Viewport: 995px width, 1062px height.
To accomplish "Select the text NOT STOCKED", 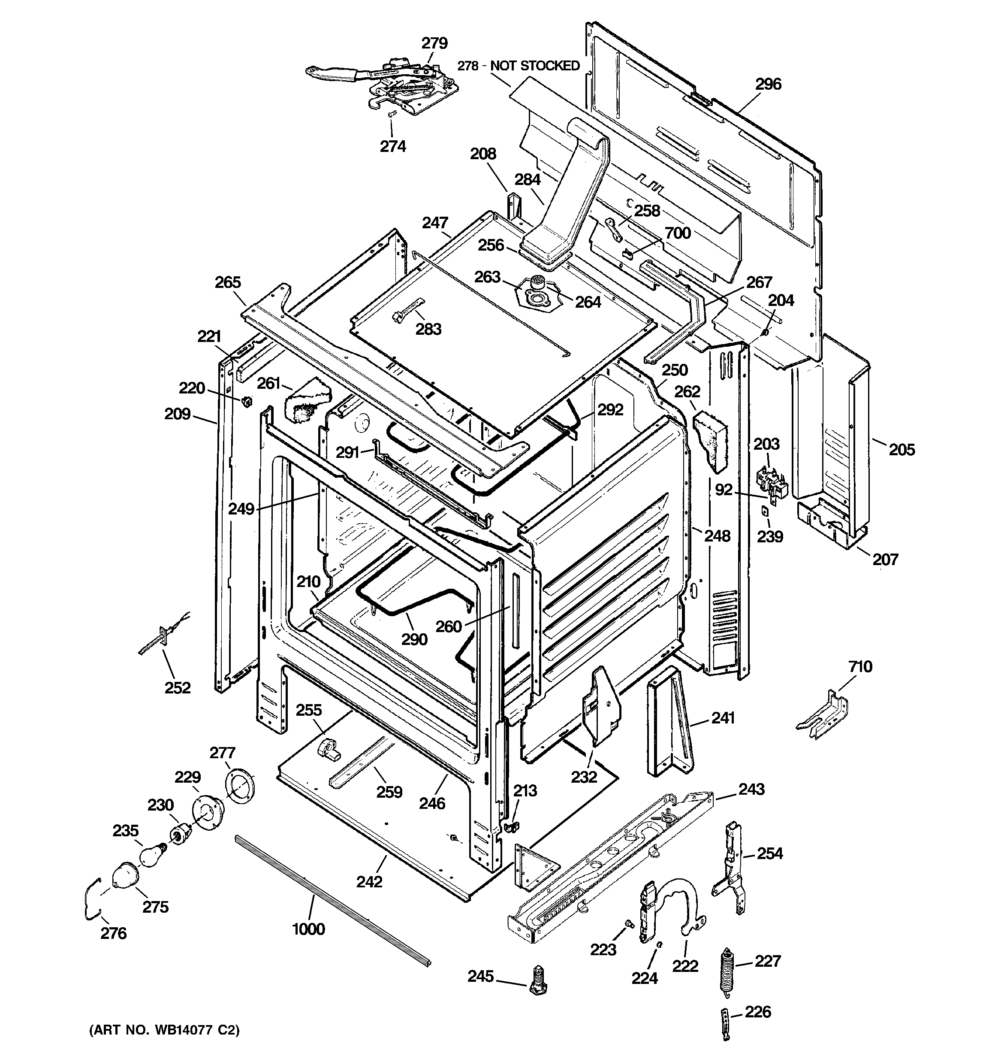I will (x=535, y=66).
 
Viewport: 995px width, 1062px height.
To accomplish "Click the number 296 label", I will (x=768, y=84).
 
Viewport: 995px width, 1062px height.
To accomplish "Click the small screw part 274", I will (x=391, y=114).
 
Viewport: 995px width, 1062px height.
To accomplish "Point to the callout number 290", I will (x=414, y=639).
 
